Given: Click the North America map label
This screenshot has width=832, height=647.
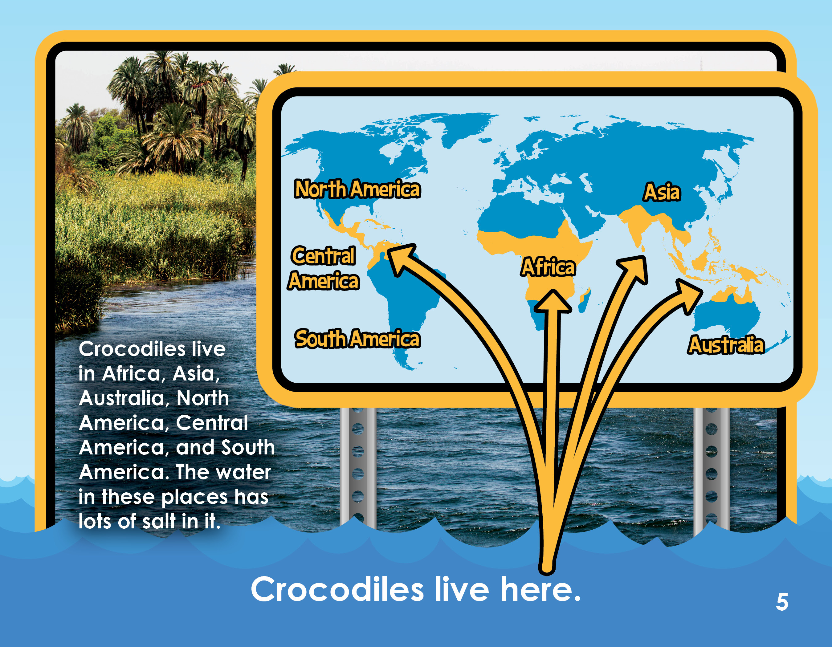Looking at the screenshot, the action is pyautogui.click(x=357, y=189).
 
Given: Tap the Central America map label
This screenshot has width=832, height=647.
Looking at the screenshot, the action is pyautogui.click(x=324, y=268).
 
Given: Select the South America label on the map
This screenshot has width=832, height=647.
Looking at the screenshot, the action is pyautogui.click(x=357, y=339).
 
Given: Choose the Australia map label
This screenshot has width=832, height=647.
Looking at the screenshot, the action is pyautogui.click(x=726, y=345).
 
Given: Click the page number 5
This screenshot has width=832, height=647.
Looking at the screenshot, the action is pyautogui.click(x=782, y=602).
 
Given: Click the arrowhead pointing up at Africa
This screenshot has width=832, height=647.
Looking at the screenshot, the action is pyautogui.click(x=553, y=302).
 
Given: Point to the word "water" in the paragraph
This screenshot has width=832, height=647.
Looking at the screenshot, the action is pyautogui.click(x=243, y=473).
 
